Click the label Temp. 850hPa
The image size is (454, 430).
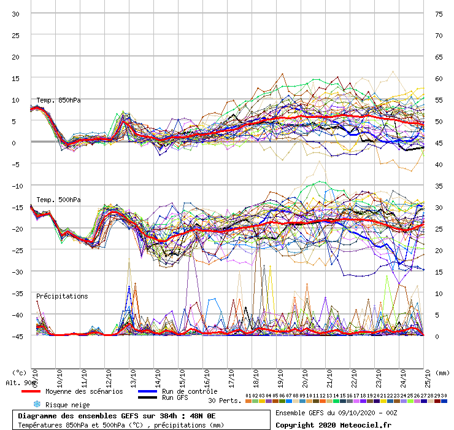coord(58,100)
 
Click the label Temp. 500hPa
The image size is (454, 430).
coord(58,200)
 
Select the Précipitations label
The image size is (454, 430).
coord(62,296)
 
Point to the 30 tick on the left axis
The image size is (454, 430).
coord(17,14)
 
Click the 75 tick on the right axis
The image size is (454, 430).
coord(439,14)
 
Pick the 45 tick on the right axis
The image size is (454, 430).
coord(439,143)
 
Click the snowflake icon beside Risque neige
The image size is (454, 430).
coord(36,404)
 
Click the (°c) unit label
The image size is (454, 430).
coord(19,372)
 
